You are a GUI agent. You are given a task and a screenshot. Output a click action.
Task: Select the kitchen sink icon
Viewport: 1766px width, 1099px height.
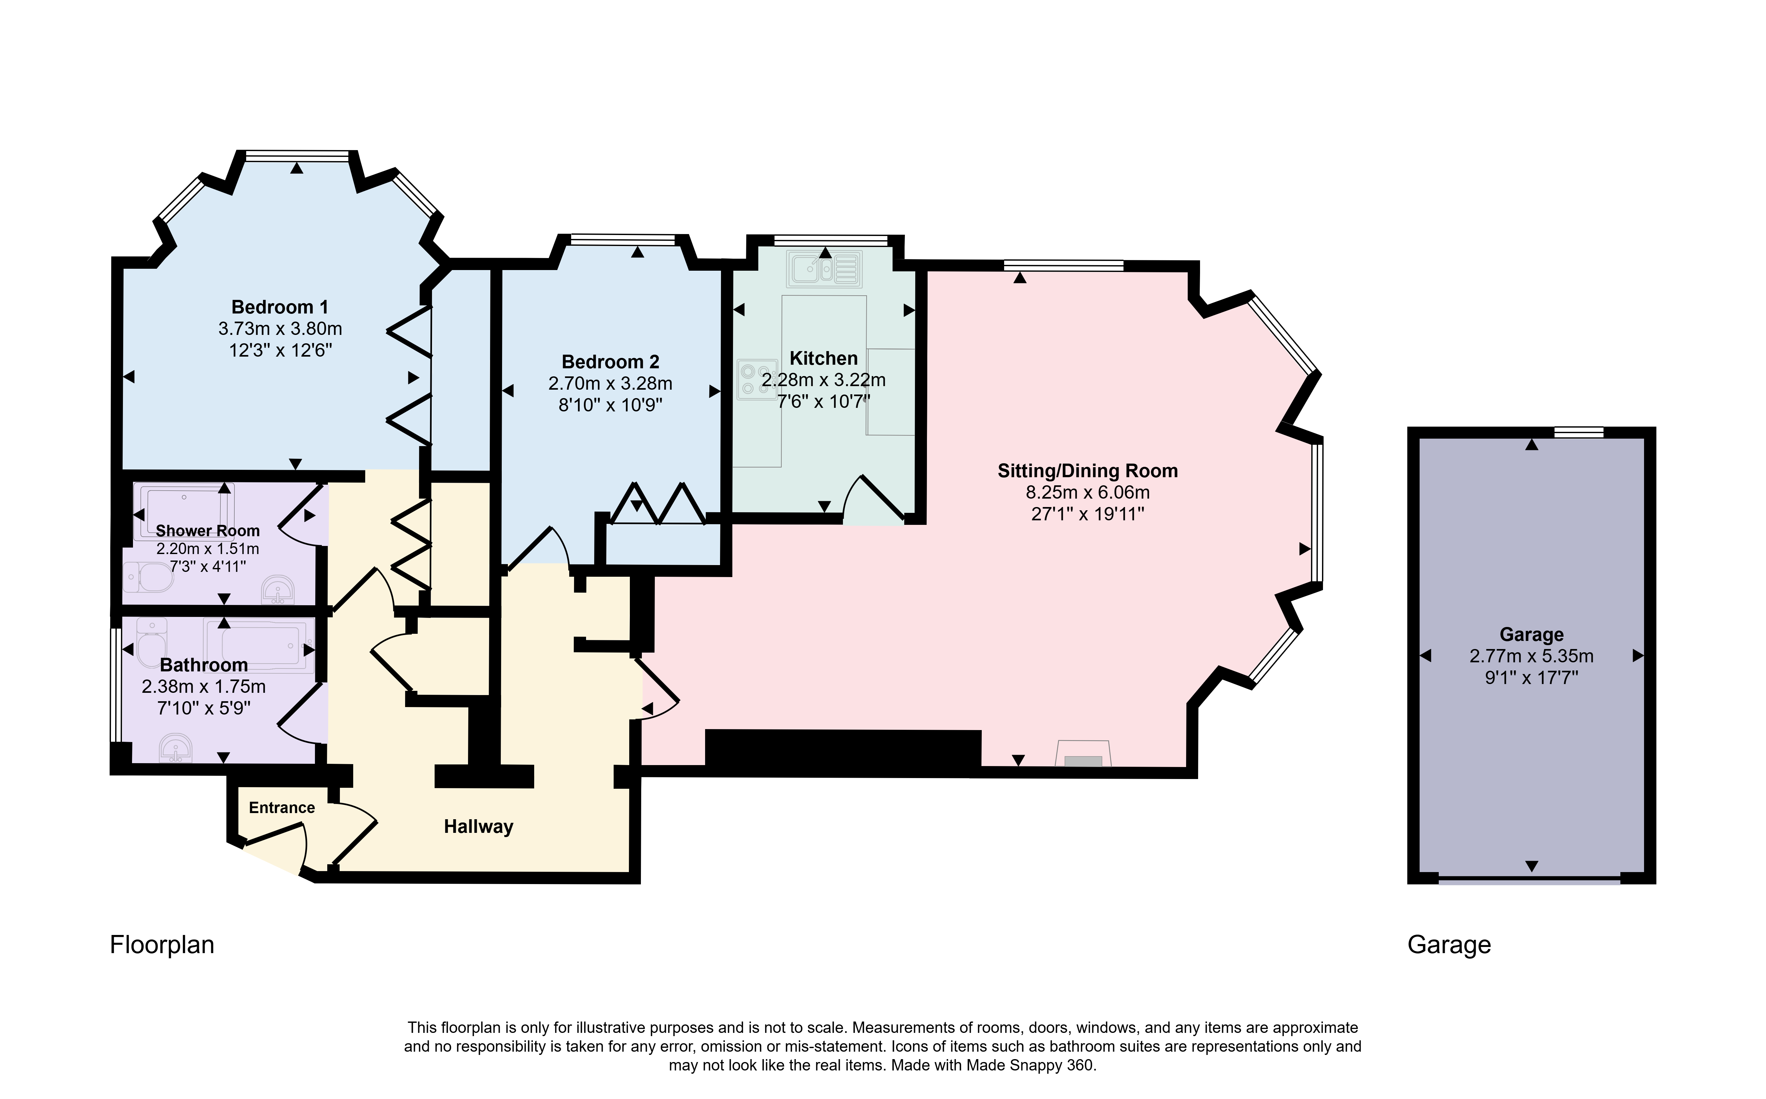pyautogui.click(x=824, y=268)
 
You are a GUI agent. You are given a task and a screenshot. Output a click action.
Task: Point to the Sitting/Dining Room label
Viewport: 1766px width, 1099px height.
pyautogui.click(x=1088, y=471)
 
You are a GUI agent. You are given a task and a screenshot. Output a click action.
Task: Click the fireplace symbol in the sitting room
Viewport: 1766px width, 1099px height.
pyautogui.click(x=1083, y=753)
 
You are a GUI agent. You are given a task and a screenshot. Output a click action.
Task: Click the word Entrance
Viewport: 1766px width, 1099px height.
pyautogui.click(x=282, y=808)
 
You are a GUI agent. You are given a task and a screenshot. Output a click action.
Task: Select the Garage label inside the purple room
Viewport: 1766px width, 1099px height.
pyautogui.click(x=1531, y=634)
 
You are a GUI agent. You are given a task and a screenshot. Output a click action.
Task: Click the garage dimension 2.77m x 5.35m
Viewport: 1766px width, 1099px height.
pyautogui.click(x=1531, y=656)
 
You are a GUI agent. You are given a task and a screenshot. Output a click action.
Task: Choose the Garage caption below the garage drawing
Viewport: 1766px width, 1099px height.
pyautogui.click(x=1449, y=945)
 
